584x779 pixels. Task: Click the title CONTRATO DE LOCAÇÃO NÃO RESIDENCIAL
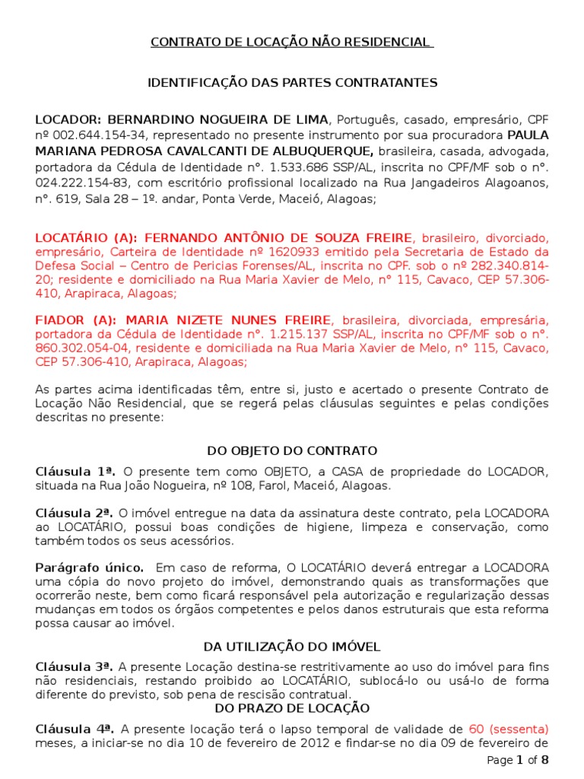[292, 42]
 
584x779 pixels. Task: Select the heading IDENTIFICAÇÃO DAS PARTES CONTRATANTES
[292, 82]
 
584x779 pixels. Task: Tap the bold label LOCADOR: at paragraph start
[68, 119]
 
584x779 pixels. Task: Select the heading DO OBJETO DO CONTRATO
[292, 451]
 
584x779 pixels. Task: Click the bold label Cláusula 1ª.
[64, 472]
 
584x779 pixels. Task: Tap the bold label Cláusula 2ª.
[64, 514]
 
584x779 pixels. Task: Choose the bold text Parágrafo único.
[78, 568]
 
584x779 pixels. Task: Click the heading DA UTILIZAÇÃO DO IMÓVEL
[292, 647]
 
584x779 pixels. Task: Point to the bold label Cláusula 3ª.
[64, 667]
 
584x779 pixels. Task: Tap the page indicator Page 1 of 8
[517, 760]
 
